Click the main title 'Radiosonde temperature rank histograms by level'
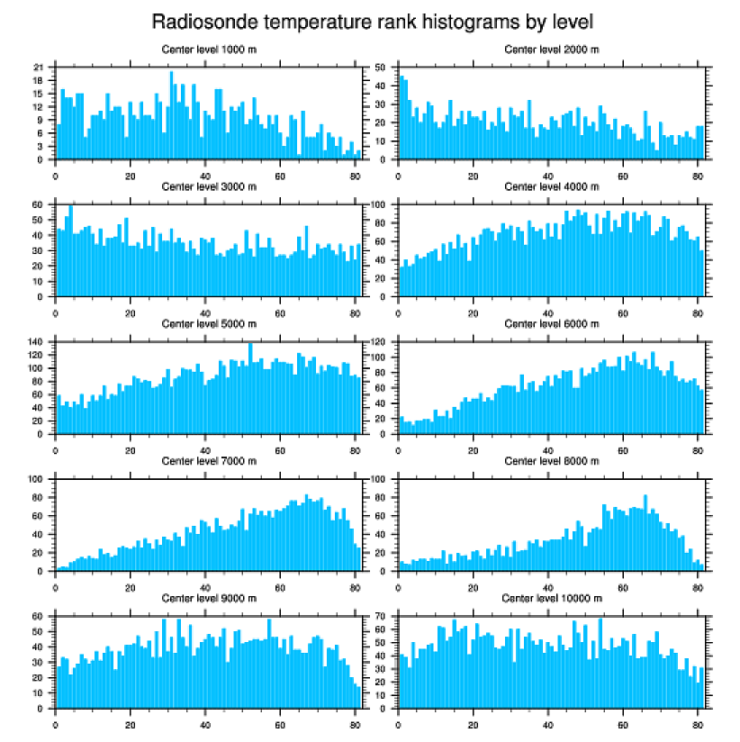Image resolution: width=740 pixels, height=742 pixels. [371, 21]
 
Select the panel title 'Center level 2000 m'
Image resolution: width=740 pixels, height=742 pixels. [551, 49]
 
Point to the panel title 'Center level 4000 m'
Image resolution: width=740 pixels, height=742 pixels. [551, 186]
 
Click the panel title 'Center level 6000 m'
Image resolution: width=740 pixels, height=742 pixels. [551, 323]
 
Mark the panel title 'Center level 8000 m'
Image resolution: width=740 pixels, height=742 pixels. [551, 461]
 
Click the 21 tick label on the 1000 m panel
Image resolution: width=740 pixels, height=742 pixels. [38, 68]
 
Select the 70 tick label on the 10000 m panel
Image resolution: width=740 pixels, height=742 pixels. [380, 617]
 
